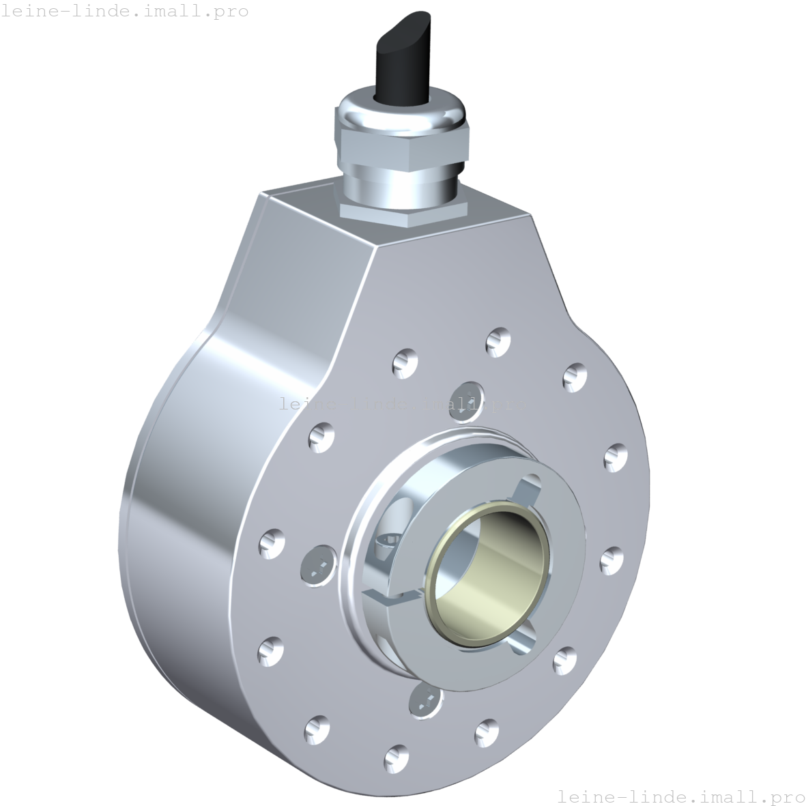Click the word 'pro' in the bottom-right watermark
coord(785,796)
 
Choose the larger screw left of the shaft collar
coord(317,564)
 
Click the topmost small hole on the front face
coord(498,341)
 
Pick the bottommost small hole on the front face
coord(395,755)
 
